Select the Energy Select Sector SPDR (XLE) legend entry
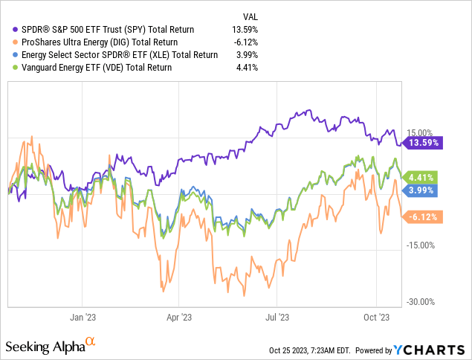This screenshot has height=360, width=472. [114, 54]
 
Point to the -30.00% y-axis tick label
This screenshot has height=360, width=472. [419, 301]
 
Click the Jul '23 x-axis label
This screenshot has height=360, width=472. [277, 316]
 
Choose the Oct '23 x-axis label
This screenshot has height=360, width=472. [376, 316]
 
